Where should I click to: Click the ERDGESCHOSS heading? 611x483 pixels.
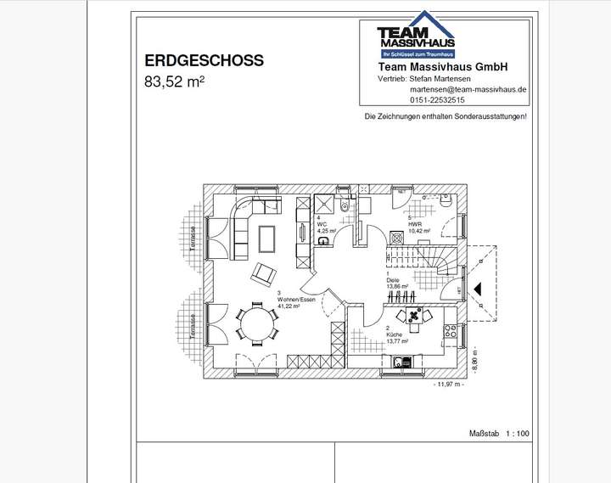[204, 61]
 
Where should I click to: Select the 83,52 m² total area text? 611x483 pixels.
[175, 82]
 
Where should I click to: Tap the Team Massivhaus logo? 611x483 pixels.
[415, 39]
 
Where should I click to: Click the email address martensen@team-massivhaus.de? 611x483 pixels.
[468, 89]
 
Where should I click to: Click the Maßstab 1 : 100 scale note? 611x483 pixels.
[499, 434]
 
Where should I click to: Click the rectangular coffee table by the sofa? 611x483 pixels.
[266, 238]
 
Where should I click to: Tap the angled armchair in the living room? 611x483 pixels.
[263, 273]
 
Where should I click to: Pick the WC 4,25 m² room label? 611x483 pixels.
[326, 227]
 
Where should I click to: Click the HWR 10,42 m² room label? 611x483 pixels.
[418, 227]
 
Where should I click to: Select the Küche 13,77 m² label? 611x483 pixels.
[397, 339]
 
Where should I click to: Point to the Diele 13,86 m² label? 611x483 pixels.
[396, 284]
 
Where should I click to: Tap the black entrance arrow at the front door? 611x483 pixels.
[478, 289]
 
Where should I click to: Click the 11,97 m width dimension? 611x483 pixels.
[449, 385]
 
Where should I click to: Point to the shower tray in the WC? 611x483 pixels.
[324, 205]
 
